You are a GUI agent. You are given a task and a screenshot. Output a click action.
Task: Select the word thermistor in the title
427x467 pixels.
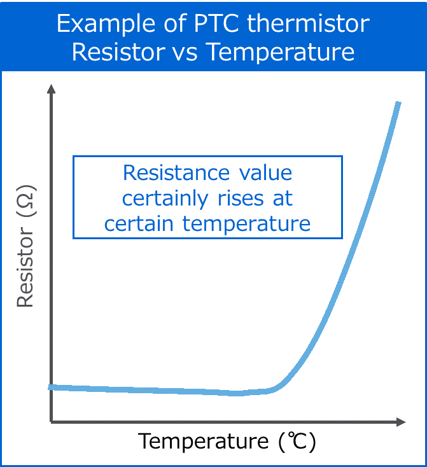click(307, 24)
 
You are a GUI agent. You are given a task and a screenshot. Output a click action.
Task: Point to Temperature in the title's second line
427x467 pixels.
click(281, 52)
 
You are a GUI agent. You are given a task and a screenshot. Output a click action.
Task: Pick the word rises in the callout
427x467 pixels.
click(238, 198)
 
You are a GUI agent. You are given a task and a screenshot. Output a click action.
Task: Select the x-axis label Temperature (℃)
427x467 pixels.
click(227, 441)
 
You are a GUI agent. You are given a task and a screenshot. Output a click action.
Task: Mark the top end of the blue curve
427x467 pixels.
click(398, 103)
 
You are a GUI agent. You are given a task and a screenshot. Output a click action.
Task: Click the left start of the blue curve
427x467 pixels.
click(50, 387)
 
